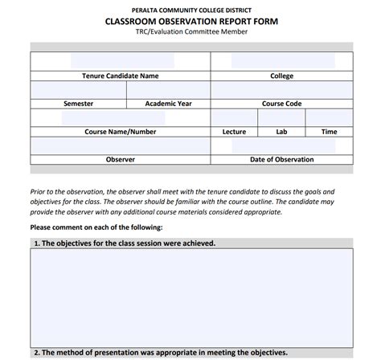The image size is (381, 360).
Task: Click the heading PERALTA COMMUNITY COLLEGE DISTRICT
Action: click(x=191, y=7)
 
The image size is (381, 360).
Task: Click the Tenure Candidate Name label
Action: click(x=121, y=76)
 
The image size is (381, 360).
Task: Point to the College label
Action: click(x=281, y=76)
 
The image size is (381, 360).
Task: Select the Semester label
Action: click(x=78, y=104)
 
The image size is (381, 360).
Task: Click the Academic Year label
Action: click(x=169, y=104)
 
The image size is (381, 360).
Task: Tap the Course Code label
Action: click(x=281, y=104)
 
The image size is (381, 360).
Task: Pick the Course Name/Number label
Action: click(x=121, y=131)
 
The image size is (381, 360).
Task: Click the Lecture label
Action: click(x=234, y=131)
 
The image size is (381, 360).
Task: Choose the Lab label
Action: click(x=281, y=131)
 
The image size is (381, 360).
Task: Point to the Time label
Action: click(x=329, y=131)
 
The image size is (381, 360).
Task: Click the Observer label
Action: click(x=121, y=159)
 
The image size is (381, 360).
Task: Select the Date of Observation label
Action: click(x=281, y=159)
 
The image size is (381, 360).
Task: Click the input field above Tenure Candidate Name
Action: click(x=121, y=61)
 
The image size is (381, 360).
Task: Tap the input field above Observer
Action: click(x=121, y=145)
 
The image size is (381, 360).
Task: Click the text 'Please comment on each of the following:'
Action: click(x=96, y=227)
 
